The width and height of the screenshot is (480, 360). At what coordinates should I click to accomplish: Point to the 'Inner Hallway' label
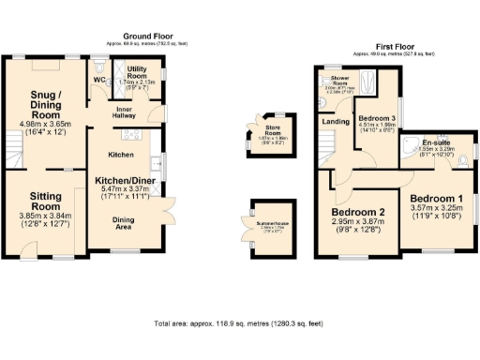tap(128, 112)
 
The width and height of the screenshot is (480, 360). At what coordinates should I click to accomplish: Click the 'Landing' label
tap(332, 121)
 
